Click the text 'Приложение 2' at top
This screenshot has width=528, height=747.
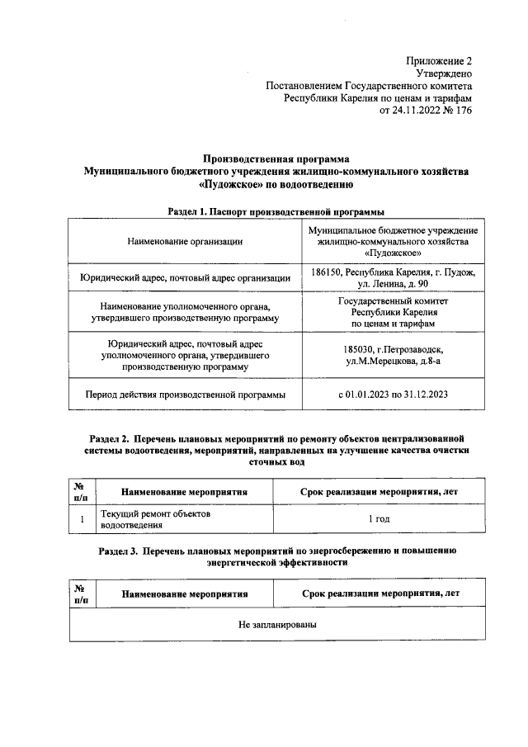439,60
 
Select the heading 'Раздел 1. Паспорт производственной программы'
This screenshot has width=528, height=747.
276,212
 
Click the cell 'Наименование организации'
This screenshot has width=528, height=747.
185,241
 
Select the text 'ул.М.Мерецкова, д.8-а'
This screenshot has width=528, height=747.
393,362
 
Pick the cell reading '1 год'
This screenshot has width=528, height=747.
379,519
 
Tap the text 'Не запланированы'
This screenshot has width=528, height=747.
278,625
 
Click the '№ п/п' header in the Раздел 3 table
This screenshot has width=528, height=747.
82,593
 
